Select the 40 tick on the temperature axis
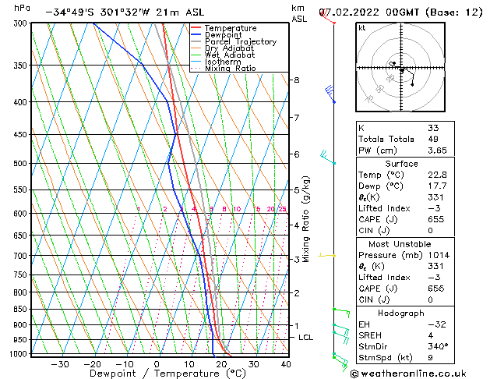point(286,364)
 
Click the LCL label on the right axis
point(306,337)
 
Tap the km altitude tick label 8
point(296,80)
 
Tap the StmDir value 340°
point(437,346)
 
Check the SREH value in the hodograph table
point(430,335)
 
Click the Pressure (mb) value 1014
point(439,255)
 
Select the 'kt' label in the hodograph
point(362,28)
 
